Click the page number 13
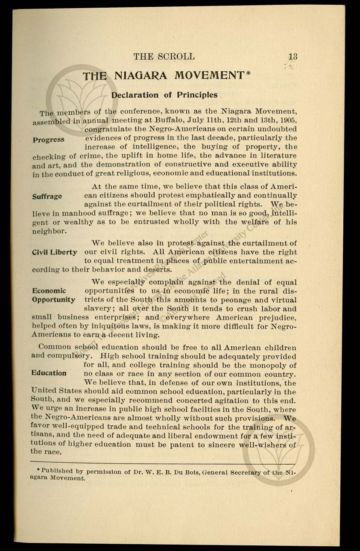coord(293,56)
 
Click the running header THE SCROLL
coord(164,56)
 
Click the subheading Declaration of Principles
coord(164,95)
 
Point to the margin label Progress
coord(48,140)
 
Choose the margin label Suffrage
coord(47,196)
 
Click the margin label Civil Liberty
coord(55,252)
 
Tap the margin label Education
coord(49,373)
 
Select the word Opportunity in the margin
coord(54,300)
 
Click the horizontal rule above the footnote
coord(162,463)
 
